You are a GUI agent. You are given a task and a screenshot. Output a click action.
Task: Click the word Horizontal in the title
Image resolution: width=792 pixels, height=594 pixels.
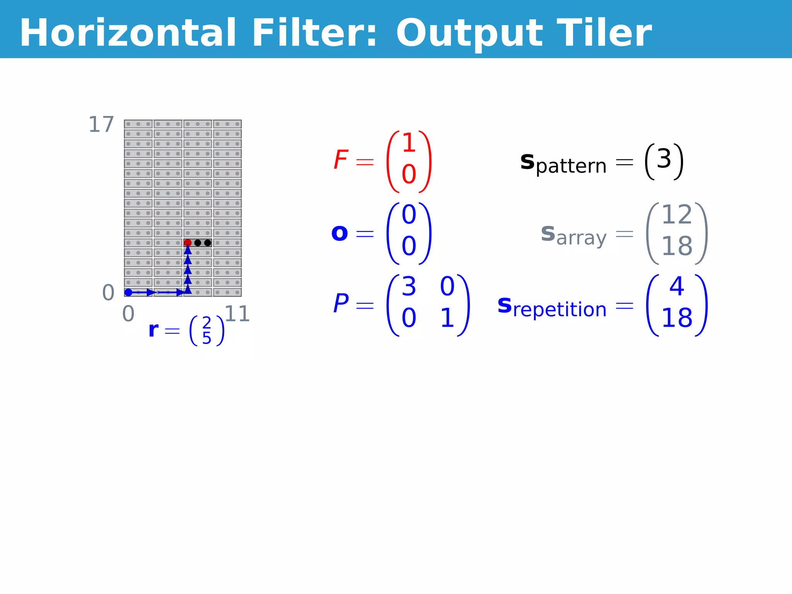pyautogui.click(x=128, y=33)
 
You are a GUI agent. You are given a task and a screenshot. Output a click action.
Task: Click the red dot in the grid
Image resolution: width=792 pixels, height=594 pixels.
pyautogui.click(x=188, y=243)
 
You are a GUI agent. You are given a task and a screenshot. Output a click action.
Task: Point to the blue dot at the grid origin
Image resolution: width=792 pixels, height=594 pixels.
pyautogui.click(x=128, y=292)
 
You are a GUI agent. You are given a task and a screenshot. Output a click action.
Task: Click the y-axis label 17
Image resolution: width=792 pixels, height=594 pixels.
pyautogui.click(x=101, y=125)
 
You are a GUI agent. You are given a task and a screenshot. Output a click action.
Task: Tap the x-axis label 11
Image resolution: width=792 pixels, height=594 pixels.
pyautogui.click(x=237, y=314)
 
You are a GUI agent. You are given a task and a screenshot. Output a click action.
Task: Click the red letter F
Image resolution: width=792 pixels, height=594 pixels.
pyautogui.click(x=341, y=160)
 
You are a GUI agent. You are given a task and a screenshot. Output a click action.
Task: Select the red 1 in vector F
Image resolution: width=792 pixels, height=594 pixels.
pyautogui.click(x=409, y=143)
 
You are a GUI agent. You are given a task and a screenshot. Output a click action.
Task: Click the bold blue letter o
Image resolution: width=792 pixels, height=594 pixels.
pyautogui.click(x=340, y=233)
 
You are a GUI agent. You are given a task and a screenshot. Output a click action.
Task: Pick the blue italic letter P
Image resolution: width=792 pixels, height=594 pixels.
pyautogui.click(x=341, y=304)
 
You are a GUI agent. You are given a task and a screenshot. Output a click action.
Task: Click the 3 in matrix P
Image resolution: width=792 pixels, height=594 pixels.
pyautogui.click(x=409, y=287)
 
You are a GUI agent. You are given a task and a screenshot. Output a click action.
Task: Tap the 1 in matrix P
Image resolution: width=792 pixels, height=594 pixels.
pyautogui.click(x=447, y=318)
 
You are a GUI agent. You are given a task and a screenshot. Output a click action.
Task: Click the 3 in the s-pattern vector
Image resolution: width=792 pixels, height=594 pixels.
pyautogui.click(x=664, y=159)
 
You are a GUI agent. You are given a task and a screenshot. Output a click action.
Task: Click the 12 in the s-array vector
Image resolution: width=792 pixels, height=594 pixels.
pyautogui.click(x=677, y=215)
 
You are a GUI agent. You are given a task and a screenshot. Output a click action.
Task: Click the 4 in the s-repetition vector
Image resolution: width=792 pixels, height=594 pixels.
pyautogui.click(x=677, y=287)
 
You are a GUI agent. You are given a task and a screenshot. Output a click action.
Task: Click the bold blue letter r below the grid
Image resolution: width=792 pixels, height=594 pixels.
pyautogui.click(x=154, y=330)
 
